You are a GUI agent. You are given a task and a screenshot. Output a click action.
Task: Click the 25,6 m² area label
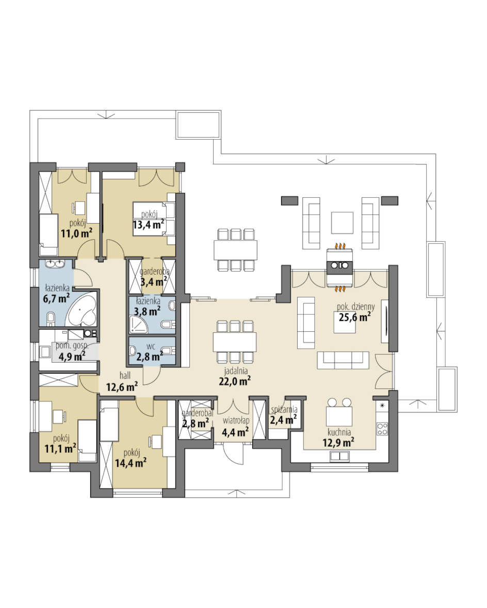pos(354,317)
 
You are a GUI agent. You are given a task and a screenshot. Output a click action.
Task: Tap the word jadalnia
pos(236,371)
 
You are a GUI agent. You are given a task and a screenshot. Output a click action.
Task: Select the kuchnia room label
pos(339,432)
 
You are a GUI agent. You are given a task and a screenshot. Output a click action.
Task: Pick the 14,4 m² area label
pos(131,462)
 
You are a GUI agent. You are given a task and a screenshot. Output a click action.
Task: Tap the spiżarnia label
pos(284,410)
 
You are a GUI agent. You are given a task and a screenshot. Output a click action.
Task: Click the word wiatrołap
pos(236,421)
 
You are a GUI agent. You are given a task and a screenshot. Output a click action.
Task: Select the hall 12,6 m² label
pos(122,382)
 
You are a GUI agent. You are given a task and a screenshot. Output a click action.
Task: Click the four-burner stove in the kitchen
pos(382,429)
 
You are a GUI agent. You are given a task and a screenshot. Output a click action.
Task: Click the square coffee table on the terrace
pos(342,223)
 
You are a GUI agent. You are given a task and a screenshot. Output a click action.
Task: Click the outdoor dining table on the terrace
pos(235,250)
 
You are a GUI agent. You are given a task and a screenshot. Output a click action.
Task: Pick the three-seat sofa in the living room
pos(343,360)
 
